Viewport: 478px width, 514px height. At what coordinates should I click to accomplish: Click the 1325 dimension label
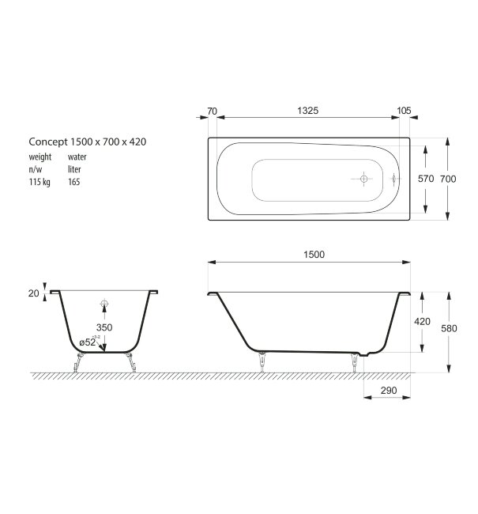coord(307,111)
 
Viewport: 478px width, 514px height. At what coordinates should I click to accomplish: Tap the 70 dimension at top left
coord(212,111)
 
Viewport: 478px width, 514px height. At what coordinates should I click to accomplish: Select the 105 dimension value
coord(404,111)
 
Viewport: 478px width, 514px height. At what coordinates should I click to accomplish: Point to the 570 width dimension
coord(426,180)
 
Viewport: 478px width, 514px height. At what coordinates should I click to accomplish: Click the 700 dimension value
coord(448,180)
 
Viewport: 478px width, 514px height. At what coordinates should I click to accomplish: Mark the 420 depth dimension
coord(423,322)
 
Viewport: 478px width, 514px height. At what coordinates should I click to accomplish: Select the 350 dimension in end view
coord(104,327)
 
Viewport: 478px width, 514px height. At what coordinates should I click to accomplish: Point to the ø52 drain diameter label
coord(88,342)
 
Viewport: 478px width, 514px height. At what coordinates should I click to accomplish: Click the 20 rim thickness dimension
coord(33,293)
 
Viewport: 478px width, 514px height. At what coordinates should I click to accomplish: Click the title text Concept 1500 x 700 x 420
coord(88,142)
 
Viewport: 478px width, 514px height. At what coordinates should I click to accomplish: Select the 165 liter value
coord(73,182)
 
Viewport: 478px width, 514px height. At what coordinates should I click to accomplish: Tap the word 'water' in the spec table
coord(77,157)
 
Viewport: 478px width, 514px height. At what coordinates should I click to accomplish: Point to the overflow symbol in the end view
coord(104,304)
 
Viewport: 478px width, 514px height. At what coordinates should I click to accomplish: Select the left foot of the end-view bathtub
coord(77,365)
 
